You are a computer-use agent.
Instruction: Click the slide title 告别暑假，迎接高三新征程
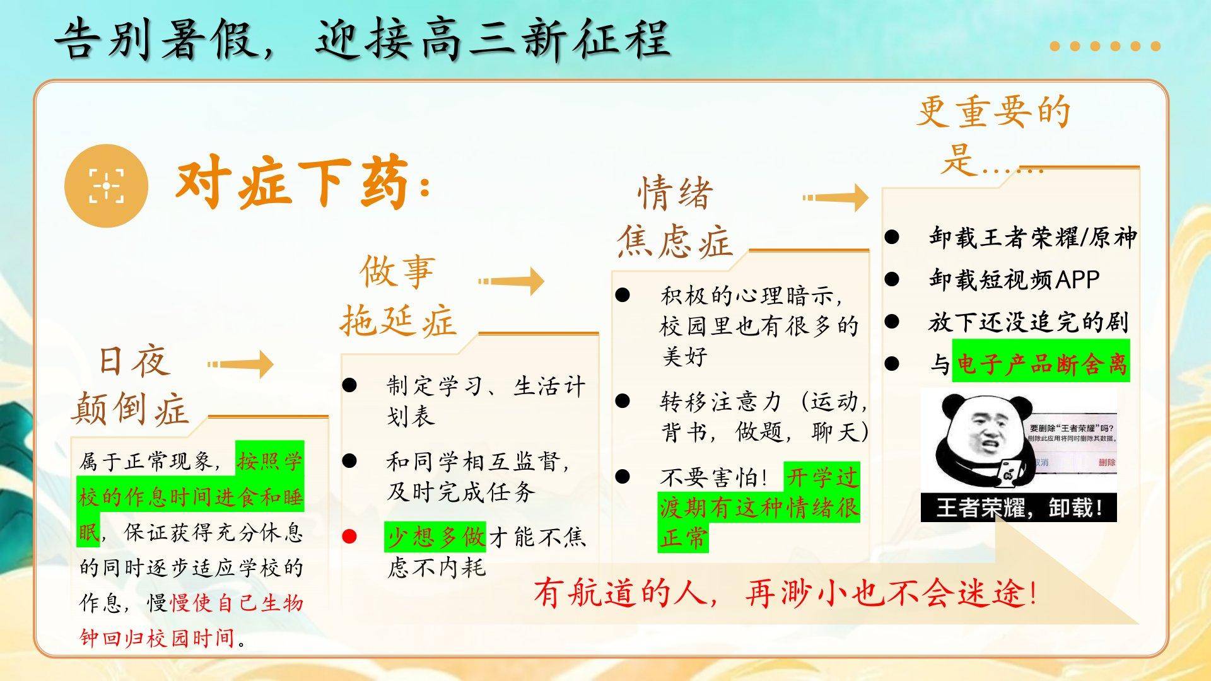pos(362,39)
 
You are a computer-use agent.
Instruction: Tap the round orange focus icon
pos(106,185)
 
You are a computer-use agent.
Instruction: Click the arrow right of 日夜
pos(240,364)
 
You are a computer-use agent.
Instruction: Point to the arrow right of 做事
pos(511,281)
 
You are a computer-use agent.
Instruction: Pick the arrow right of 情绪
pos(836,197)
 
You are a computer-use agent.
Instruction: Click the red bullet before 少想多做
pos(349,537)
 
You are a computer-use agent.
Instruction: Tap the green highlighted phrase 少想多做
pos(435,537)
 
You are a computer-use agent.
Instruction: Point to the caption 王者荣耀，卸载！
pos(1019,508)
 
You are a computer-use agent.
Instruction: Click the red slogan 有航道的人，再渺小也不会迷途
pos(785,593)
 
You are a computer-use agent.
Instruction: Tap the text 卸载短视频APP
pos(1014,279)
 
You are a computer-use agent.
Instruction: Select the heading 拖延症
pos(398,322)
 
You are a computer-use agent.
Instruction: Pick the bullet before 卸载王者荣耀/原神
pos(891,236)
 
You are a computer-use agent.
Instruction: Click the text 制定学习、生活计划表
pos(486,400)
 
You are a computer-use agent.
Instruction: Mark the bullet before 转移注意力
pos(623,400)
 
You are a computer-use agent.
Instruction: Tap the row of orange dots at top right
pos(1105,46)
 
